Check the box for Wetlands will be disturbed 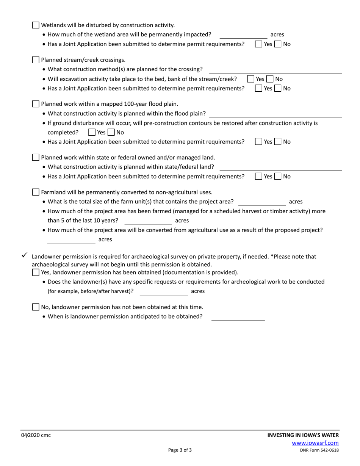click(x=36, y=25)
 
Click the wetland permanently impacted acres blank click(x=243, y=35)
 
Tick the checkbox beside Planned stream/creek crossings click(x=36, y=60)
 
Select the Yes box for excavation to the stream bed click(x=251, y=79)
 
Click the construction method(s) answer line click(x=275, y=70)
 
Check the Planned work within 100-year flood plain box click(x=36, y=104)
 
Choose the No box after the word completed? click(x=111, y=133)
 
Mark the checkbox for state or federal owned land click(x=36, y=157)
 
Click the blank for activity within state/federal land click(x=280, y=167)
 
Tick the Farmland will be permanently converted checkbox click(x=36, y=192)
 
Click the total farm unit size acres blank click(x=262, y=202)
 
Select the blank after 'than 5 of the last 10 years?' click(x=148, y=221)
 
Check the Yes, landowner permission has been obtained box click(x=36, y=272)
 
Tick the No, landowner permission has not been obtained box click(x=36, y=307)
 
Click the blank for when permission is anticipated click(x=238, y=317)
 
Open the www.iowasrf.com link click(x=315, y=443)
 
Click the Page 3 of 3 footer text click(x=180, y=450)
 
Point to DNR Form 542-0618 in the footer click(x=319, y=450)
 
